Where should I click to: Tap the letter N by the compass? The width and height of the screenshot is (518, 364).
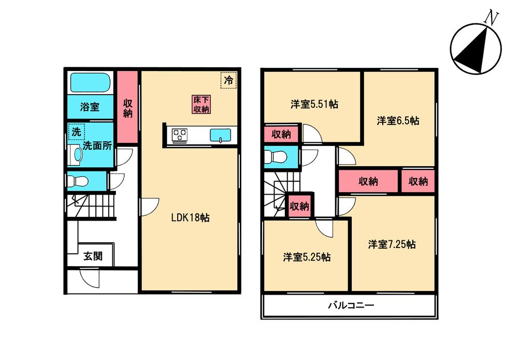491,18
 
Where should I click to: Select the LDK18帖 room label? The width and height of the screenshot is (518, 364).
191,218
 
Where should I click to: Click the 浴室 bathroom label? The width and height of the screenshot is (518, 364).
90,107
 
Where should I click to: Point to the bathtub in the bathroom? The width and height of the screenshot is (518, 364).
90,82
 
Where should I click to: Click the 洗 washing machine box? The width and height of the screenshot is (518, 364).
76,132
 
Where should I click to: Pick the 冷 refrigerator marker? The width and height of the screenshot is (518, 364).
228,80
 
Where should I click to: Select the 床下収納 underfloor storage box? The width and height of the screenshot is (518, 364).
201,105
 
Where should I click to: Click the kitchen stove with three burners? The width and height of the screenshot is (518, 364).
181,135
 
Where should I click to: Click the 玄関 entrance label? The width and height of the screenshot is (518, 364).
93,256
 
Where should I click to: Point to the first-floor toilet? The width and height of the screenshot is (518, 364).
78,181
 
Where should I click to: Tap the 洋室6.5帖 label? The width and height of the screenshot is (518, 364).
398,121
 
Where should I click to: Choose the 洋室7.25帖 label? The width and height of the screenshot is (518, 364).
392,244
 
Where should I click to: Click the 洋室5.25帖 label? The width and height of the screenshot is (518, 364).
307,257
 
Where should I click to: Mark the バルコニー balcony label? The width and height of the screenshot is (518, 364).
350,305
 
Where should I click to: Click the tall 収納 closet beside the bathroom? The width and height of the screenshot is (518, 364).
127,108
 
